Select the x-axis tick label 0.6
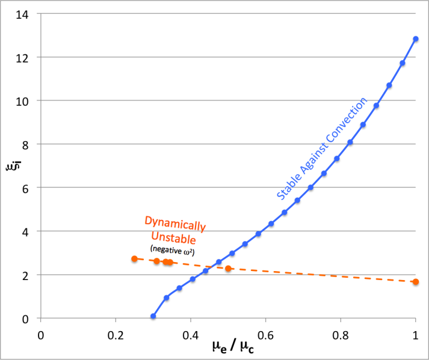click(x=266, y=332)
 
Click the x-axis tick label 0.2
click(x=116, y=332)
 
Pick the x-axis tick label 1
click(x=416, y=332)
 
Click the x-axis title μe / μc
click(x=232, y=347)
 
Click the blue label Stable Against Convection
click(x=321, y=148)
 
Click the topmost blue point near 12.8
click(x=416, y=39)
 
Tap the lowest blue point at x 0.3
click(x=153, y=316)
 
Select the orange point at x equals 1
click(x=416, y=282)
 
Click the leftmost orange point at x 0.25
click(x=134, y=259)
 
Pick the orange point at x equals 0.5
click(x=228, y=268)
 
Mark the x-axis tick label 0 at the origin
click(x=41, y=332)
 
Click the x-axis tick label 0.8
click(x=341, y=332)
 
